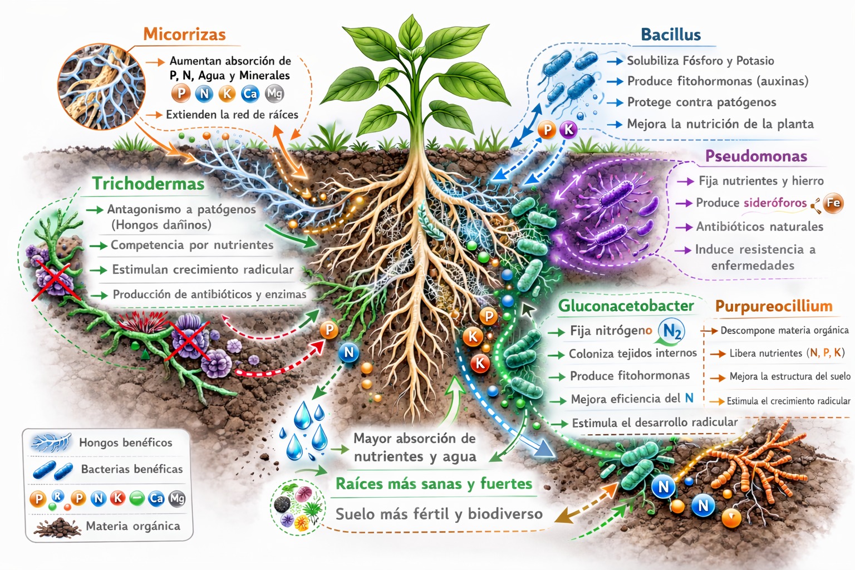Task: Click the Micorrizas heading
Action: (184, 35)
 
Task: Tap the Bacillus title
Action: (671, 35)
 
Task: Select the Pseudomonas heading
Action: (756, 156)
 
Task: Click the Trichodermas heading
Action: (149, 184)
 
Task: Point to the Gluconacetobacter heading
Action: (626, 306)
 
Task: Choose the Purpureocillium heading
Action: (774, 306)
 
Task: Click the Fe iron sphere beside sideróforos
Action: (833, 203)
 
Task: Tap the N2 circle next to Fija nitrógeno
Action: (671, 331)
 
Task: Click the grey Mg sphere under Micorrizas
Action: (274, 94)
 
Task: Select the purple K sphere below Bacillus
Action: (568, 130)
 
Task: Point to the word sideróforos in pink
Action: (775, 203)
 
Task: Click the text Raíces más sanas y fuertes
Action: (434, 484)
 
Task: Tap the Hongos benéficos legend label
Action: (125, 443)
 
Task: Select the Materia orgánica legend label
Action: (132, 526)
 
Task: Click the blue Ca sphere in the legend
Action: (156, 498)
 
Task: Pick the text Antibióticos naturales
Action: (759, 227)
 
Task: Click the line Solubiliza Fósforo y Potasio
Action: (700, 61)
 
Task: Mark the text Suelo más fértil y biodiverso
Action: (439, 514)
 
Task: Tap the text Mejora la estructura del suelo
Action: (789, 377)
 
